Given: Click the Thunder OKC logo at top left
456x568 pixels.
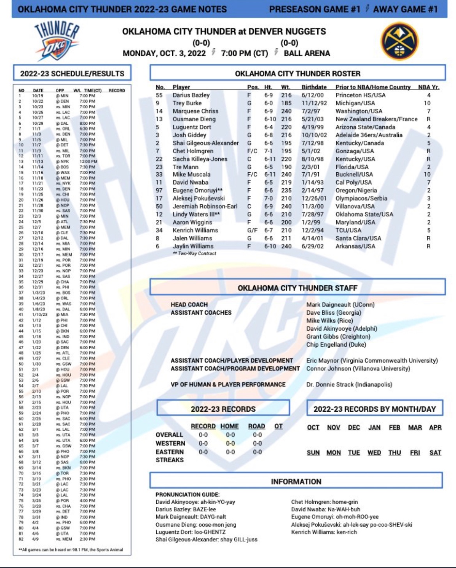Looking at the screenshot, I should [x=57, y=41].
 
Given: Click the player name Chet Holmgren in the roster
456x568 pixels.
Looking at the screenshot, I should [x=193, y=151].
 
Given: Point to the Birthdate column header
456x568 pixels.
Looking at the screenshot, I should [x=314, y=87].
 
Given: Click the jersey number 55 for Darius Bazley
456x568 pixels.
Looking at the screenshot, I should [x=159, y=95].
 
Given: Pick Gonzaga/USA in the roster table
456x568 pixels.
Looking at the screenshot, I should [x=355, y=151].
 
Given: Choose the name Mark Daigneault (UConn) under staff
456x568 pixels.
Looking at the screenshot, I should [x=340, y=304].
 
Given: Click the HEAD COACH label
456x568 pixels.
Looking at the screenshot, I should [x=189, y=304].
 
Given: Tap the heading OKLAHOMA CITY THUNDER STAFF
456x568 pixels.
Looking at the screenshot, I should [x=297, y=288].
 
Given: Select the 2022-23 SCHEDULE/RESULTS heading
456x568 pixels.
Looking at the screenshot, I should [x=72, y=73].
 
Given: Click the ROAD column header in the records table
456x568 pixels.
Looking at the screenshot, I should [x=256, y=426].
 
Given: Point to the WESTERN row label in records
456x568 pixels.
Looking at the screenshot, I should [x=170, y=443].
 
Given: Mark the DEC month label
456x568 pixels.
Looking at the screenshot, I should [x=354, y=427].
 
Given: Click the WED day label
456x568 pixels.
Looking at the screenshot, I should [x=374, y=453].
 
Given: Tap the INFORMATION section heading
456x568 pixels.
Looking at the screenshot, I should [x=296, y=481].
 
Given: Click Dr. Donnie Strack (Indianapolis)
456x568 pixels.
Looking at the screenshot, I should [x=349, y=384].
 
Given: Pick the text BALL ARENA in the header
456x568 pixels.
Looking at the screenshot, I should [x=307, y=53].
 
